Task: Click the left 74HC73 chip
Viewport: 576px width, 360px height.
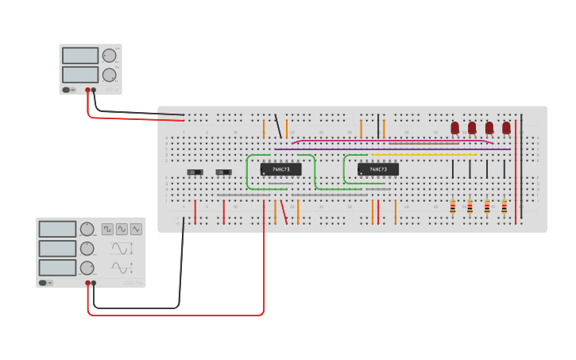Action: [280, 169]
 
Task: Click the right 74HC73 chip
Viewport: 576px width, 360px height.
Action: [377, 169]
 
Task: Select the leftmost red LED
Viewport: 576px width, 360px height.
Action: [455, 127]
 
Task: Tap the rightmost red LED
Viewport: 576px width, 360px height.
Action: [506, 127]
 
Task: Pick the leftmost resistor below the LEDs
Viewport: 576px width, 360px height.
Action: [453, 207]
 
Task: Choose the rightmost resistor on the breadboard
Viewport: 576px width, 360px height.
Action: [504, 207]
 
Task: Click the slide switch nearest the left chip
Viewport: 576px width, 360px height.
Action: [224, 172]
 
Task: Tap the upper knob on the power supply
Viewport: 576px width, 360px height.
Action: [109, 56]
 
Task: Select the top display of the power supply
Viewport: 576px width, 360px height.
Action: [80, 56]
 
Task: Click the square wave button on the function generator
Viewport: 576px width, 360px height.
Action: [107, 229]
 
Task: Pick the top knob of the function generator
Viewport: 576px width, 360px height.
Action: [87, 230]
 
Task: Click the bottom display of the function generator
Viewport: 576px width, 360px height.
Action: [57, 268]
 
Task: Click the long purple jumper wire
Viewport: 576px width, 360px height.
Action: [392, 149]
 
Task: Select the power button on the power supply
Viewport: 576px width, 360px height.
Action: [67, 90]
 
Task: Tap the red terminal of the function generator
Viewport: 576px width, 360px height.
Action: [87, 283]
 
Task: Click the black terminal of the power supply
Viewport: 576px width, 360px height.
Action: [94, 90]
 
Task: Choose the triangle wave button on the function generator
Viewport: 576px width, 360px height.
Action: [136, 229]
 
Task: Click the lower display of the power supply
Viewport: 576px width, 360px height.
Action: [80, 74]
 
